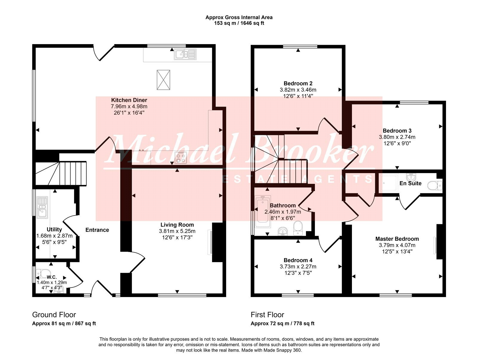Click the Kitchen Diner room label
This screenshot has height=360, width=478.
(x=129, y=100)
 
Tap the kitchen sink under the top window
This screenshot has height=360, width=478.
(x=185, y=54)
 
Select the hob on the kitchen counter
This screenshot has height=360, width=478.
(x=181, y=158)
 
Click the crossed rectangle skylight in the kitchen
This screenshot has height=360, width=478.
(x=163, y=80)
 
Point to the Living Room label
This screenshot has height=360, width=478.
(x=177, y=225)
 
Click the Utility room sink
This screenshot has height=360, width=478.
(x=42, y=207)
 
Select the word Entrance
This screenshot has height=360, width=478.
(x=97, y=230)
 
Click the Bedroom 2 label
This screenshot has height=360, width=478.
(x=298, y=83)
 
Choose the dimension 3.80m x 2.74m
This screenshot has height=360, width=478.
(x=397, y=137)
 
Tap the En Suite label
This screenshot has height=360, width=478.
(x=410, y=183)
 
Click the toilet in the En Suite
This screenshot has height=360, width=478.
(x=435, y=186)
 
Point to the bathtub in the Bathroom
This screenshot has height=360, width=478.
(x=263, y=211)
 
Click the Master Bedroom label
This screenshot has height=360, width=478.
(x=397, y=239)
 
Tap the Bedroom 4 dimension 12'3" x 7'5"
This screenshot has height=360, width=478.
(x=298, y=273)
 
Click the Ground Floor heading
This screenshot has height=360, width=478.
(x=54, y=315)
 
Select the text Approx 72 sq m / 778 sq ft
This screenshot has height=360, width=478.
(x=282, y=324)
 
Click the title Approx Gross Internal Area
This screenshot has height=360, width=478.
(x=239, y=17)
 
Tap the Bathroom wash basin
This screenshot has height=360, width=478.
(x=283, y=231)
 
